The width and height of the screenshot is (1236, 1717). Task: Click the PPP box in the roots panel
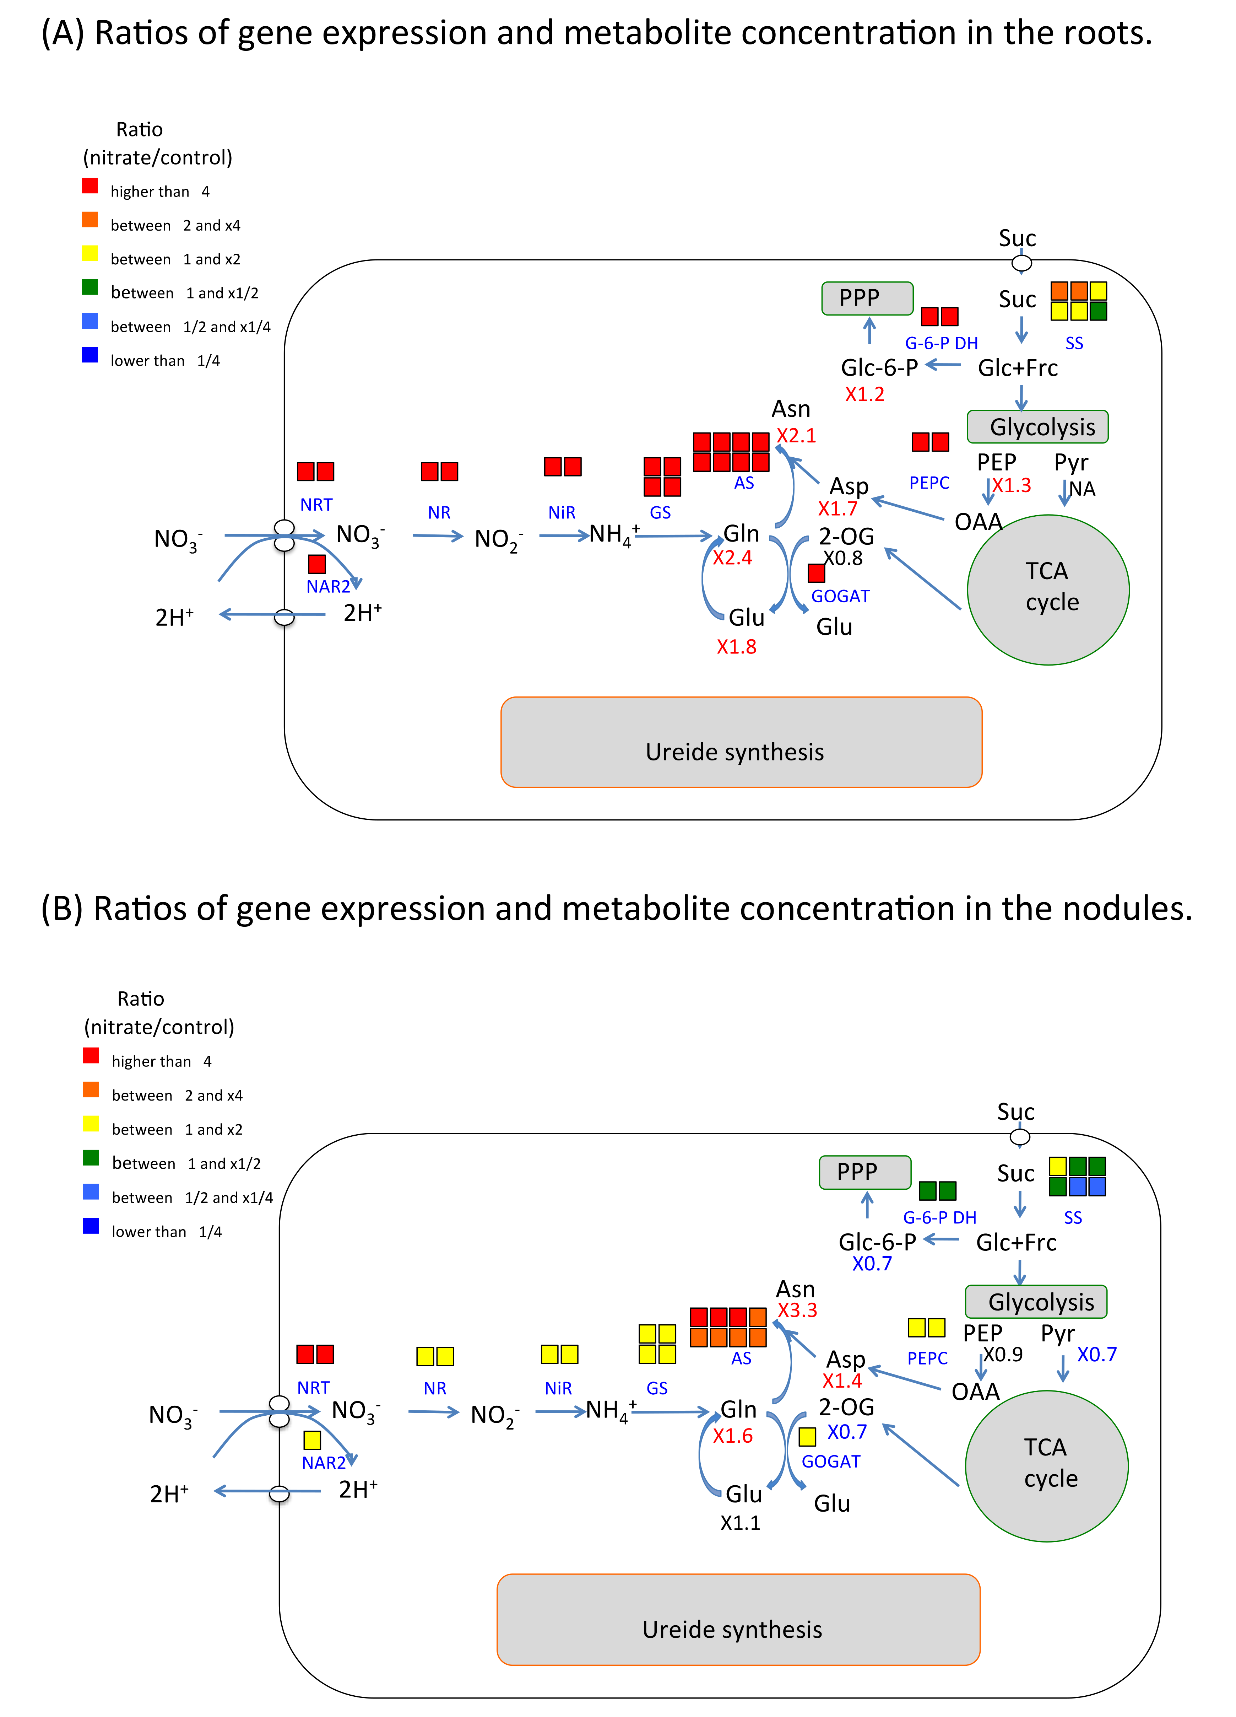click(867, 298)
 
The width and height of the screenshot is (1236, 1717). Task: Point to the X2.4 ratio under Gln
click(732, 558)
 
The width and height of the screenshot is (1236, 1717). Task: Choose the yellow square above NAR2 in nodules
click(312, 1440)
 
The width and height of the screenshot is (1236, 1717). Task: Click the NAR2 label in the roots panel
click(328, 587)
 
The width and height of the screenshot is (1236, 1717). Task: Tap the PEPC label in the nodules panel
click(927, 1358)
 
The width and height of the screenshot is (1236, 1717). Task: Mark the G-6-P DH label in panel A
click(941, 344)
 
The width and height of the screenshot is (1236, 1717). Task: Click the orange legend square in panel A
click(90, 220)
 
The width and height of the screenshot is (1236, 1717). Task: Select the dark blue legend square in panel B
click(91, 1226)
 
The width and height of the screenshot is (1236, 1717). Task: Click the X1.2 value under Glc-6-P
click(864, 394)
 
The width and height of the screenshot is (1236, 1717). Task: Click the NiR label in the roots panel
click(562, 512)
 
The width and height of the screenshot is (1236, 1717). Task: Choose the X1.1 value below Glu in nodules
click(739, 1522)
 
